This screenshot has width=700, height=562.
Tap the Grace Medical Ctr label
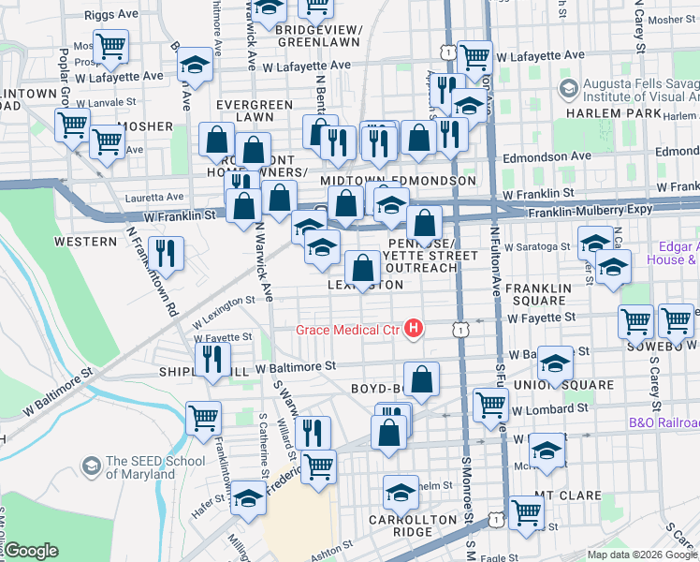click(347, 329)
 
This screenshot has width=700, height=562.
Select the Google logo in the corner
click(31, 551)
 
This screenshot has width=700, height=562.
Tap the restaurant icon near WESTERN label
click(167, 252)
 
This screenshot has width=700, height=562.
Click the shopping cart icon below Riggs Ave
click(110, 46)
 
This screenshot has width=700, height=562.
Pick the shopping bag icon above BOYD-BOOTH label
click(422, 379)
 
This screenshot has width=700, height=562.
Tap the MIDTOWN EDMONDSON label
click(398, 180)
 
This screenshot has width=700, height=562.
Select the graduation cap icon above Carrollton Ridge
click(401, 491)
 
